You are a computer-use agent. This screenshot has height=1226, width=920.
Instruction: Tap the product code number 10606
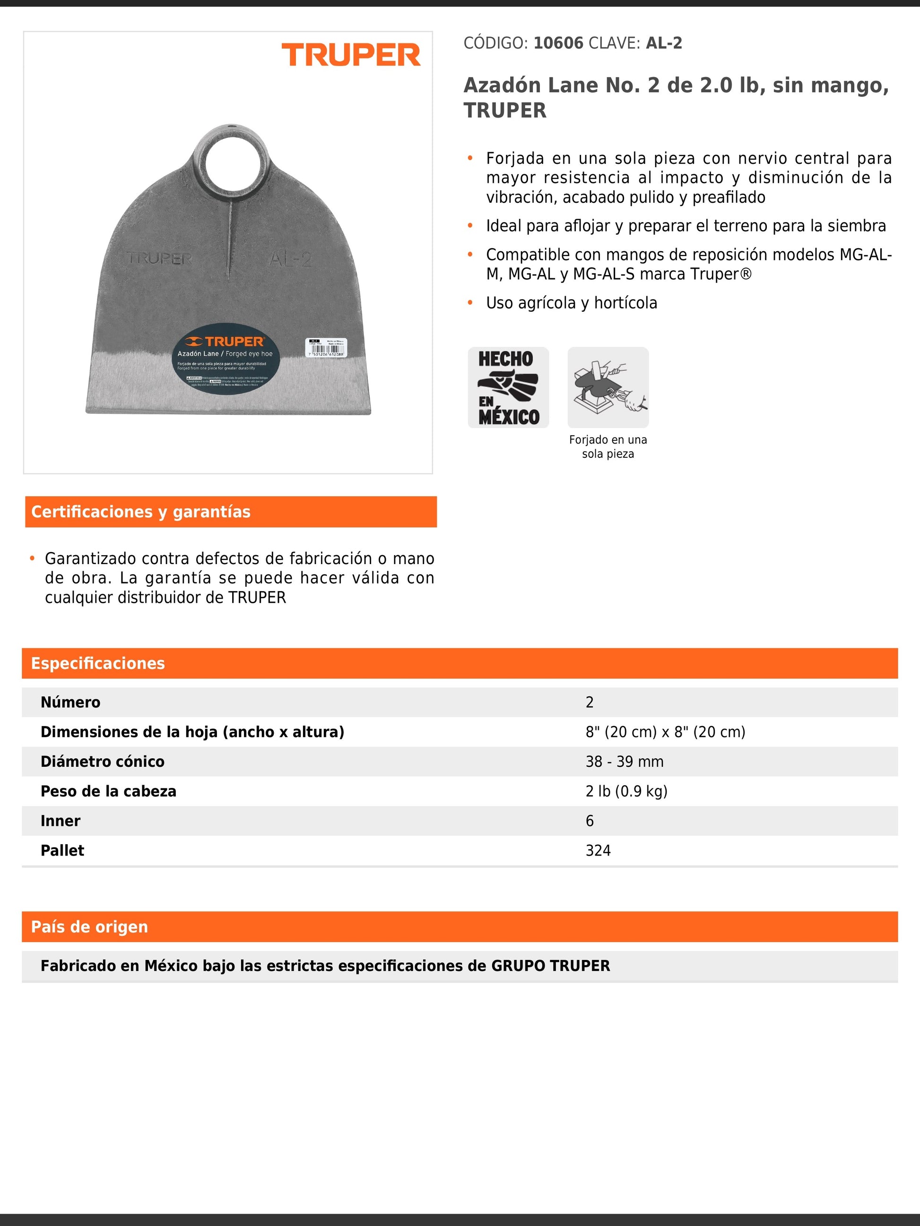pyautogui.click(x=558, y=43)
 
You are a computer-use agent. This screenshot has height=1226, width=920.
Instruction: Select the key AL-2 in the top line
pyautogui.click(x=664, y=43)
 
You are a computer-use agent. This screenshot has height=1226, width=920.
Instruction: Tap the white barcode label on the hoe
pyautogui.click(x=326, y=348)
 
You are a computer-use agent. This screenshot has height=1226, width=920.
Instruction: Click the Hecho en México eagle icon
pyautogui.click(x=508, y=387)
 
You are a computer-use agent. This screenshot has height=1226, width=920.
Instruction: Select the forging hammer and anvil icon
pyautogui.click(x=608, y=387)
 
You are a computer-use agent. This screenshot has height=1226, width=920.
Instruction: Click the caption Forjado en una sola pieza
pyautogui.click(x=608, y=447)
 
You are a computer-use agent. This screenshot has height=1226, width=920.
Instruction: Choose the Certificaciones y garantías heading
pyautogui.click(x=141, y=512)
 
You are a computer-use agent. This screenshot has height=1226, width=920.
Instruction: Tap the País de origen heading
pyautogui.click(x=90, y=927)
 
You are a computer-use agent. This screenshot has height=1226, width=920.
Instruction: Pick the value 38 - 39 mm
pyautogui.click(x=625, y=762)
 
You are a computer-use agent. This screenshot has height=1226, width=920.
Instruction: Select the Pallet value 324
pyautogui.click(x=598, y=851)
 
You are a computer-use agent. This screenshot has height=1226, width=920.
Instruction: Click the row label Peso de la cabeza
pyautogui.click(x=109, y=791)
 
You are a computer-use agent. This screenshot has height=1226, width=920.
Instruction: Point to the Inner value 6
pyautogui.click(x=590, y=821)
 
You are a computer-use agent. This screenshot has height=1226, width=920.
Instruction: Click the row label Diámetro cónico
pyautogui.click(x=103, y=762)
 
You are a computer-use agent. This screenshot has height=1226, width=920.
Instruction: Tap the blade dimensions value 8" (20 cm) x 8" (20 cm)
pyautogui.click(x=665, y=732)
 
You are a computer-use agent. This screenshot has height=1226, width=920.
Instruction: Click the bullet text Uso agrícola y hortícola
pyautogui.click(x=571, y=303)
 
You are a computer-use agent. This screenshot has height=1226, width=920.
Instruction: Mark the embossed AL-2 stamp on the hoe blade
pyautogui.click(x=291, y=259)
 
